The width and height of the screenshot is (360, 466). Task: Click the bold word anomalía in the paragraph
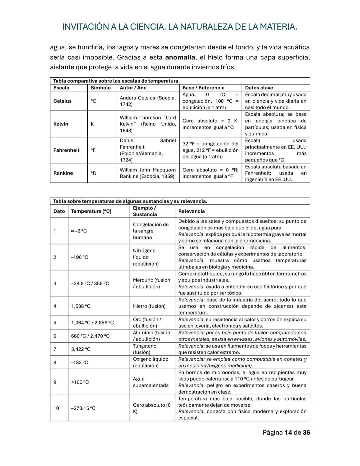coord(180,57)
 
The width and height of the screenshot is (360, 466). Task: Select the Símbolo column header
coord(101,88)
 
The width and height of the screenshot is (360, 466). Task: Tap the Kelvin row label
coord(61,124)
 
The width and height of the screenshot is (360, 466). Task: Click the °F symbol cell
coord(94,150)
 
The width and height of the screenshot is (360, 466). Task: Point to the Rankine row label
coord(63,173)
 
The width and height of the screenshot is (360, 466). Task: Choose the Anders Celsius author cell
coord(148,101)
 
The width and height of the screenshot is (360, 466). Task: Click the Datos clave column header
coord(259,88)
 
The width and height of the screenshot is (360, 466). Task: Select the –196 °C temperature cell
coord(80,257)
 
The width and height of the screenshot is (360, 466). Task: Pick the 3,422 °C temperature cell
coord(81,349)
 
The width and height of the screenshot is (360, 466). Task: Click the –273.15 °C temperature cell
coord(83,408)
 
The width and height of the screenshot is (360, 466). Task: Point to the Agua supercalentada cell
coord(151,382)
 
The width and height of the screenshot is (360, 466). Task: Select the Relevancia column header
coord(191,211)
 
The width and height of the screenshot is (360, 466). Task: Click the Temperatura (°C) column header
coord(91,211)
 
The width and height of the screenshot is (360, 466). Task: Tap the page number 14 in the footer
coord(288,433)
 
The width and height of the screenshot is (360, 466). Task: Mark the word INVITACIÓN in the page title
coord(85,27)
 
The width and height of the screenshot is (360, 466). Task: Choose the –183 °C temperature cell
coord(80,363)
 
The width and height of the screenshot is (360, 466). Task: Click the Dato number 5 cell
coord(55,323)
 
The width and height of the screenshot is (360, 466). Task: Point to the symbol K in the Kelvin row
coord(92,124)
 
